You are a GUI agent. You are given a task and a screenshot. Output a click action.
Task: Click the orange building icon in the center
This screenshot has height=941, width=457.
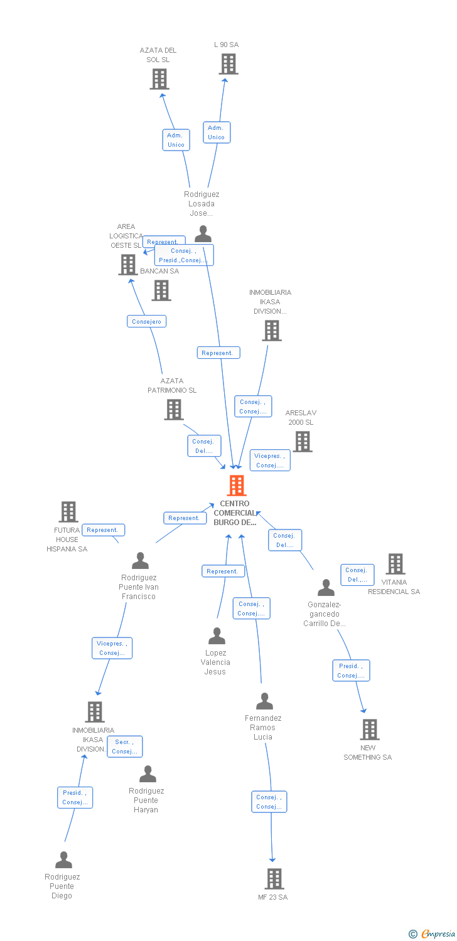tap(237, 486)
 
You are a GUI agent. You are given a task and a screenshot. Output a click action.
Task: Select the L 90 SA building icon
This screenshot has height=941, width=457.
tap(228, 64)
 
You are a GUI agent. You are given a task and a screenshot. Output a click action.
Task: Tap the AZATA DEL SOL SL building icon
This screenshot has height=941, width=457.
tap(159, 79)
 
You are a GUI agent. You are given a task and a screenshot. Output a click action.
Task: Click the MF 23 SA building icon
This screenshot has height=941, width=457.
tap(274, 879)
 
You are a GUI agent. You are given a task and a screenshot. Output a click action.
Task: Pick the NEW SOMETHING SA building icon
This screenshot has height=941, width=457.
tap(370, 730)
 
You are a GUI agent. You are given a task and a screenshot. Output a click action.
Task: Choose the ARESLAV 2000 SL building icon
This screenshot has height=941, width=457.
tap(303, 442)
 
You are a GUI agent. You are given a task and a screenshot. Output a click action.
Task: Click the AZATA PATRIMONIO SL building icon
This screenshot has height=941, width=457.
tap(174, 410)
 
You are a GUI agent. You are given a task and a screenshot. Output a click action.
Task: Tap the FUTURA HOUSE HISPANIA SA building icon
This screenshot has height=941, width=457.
tap(68, 512)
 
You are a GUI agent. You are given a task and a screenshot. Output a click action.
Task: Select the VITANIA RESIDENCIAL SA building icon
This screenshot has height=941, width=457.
tap(395, 564)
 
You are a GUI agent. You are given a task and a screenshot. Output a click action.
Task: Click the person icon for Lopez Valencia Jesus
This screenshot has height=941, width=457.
tap(217, 636)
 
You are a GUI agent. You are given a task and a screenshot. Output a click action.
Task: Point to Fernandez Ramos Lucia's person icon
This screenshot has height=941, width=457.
tap(265, 701)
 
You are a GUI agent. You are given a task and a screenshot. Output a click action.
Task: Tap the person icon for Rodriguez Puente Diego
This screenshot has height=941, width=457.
tap(63, 860)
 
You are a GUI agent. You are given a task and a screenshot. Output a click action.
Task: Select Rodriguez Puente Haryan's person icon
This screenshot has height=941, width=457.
tap(148, 774)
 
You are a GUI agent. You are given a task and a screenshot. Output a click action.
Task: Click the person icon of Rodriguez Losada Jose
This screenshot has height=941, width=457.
tap(203, 234)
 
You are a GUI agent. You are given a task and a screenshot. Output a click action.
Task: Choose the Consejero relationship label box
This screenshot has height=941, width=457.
tap(146, 321)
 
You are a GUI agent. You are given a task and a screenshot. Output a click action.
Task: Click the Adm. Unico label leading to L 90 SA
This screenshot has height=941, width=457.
tap(216, 132)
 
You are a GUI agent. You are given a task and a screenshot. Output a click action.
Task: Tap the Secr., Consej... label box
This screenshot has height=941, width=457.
tap(124, 747)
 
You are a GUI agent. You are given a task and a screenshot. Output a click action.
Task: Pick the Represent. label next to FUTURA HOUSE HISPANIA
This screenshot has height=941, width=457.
tap(103, 530)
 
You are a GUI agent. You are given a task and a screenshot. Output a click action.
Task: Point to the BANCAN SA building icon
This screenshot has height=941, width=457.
tap(161, 290)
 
